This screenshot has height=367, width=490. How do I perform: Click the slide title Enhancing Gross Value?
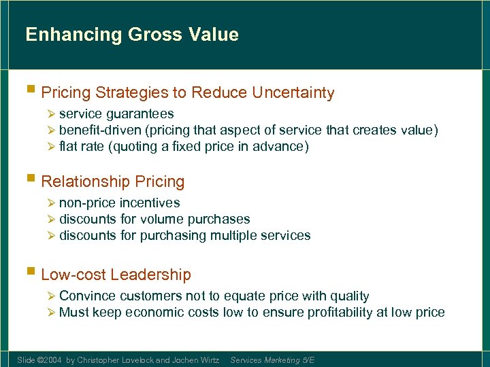coord(132,35)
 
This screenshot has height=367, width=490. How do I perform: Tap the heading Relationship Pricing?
coord(113,181)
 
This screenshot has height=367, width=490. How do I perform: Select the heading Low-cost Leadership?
coord(116,275)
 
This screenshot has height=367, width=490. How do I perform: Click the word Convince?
coord(87,296)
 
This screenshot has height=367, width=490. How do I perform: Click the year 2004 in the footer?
coord(52,360)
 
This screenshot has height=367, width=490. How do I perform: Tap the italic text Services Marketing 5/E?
coord(272,360)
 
